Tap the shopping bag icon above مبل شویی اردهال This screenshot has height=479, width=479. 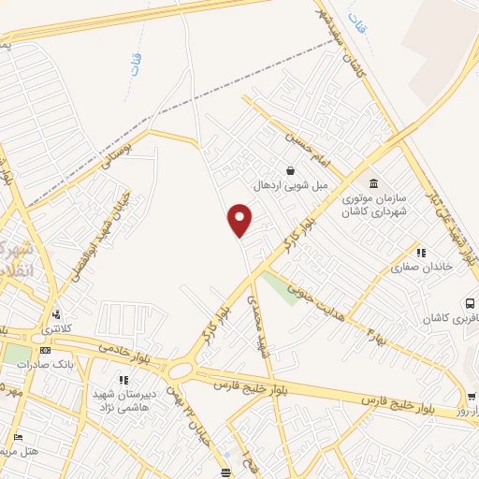(x=291, y=170)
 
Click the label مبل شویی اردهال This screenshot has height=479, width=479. (x=292, y=185)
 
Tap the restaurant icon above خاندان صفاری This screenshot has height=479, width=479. (x=421, y=252)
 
